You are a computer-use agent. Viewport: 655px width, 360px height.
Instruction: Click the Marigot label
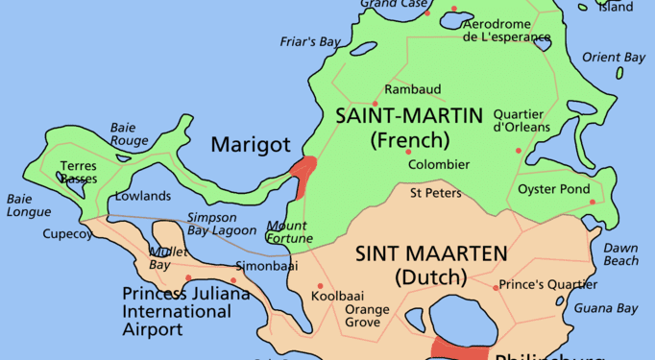pos(250,146)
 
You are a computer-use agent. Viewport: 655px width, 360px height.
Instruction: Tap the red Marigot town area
pos(303,175)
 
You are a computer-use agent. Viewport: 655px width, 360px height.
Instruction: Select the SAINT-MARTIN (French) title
pos(408,128)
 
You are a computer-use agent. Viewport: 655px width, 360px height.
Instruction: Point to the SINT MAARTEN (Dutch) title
pos(430,266)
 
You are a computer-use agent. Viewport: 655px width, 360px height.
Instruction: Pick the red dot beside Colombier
pos(408,152)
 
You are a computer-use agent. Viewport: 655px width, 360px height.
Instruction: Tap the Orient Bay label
pos(613,58)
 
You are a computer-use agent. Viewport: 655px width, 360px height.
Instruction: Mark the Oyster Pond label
pos(554,189)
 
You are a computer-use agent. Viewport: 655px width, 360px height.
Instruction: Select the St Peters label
pos(435,193)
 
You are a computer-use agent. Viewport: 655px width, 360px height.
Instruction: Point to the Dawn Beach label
pos(620,254)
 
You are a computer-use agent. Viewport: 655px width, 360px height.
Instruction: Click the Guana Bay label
pos(605,308)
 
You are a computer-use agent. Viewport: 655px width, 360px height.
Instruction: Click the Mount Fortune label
pos(287,232)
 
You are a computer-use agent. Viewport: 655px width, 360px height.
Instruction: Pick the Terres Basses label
pos(78,172)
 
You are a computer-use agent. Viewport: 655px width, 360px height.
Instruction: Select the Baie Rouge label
pos(129,133)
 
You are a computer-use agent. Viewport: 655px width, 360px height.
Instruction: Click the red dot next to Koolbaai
pos(320,286)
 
